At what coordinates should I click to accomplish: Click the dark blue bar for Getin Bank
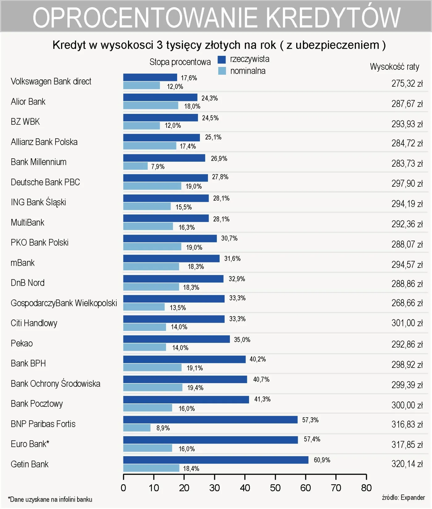216,460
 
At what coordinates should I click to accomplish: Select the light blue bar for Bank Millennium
135,166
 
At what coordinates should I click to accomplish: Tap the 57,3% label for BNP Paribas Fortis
310,420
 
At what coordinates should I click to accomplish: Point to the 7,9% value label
158,167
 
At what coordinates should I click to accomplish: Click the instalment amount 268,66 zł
407,303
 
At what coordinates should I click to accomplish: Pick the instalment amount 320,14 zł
407,464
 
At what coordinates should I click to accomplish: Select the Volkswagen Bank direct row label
51,81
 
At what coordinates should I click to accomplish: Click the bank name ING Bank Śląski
38,202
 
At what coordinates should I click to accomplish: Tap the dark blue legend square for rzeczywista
222,60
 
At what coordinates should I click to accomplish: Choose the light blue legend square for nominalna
222,71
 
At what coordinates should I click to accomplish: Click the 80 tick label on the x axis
366,488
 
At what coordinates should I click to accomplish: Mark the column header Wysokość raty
394,67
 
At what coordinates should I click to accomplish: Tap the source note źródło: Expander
403,497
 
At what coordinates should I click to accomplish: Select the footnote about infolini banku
50,499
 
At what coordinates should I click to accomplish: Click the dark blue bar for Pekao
177,339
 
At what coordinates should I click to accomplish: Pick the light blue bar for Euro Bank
147,448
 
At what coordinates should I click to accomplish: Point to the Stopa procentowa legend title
180,62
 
